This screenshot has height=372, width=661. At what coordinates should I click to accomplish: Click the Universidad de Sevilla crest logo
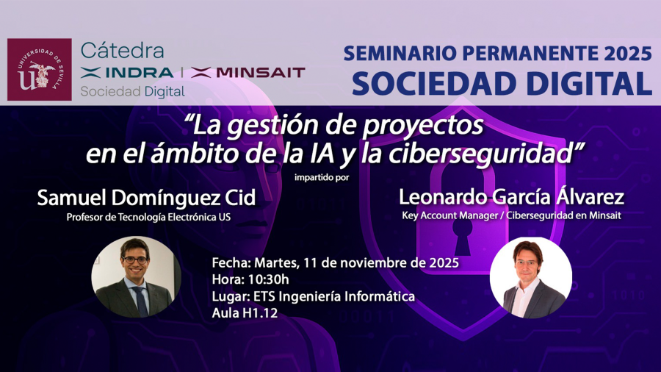coord(39,69)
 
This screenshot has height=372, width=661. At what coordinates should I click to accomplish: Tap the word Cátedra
coord(122,51)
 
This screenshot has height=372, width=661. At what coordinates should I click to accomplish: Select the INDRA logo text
coord(128,72)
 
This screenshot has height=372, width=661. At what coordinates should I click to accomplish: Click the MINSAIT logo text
coord(248,72)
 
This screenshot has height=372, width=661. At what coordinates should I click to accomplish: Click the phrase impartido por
coord(322,176)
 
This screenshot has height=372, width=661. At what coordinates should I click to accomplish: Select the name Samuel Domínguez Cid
coord(145,198)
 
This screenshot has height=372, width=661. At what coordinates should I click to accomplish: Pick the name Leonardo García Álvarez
coord(511,197)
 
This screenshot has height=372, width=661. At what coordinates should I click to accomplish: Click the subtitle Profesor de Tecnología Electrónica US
coord(148,217)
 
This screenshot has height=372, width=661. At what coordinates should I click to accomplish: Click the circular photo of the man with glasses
coord(136,276)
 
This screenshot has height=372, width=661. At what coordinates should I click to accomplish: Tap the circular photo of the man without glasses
coord(530,277)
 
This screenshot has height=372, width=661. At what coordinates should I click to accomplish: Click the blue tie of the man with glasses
coord(140,301)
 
